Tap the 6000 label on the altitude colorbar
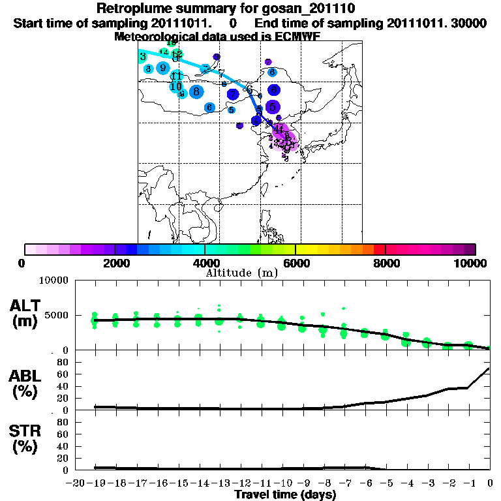(x=295, y=263)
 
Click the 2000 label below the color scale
(x=115, y=263)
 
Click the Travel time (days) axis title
(x=285, y=495)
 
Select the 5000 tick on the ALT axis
(x=56, y=315)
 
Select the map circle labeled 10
(x=175, y=86)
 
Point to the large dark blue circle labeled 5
(x=273, y=106)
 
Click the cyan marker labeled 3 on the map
(x=143, y=57)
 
